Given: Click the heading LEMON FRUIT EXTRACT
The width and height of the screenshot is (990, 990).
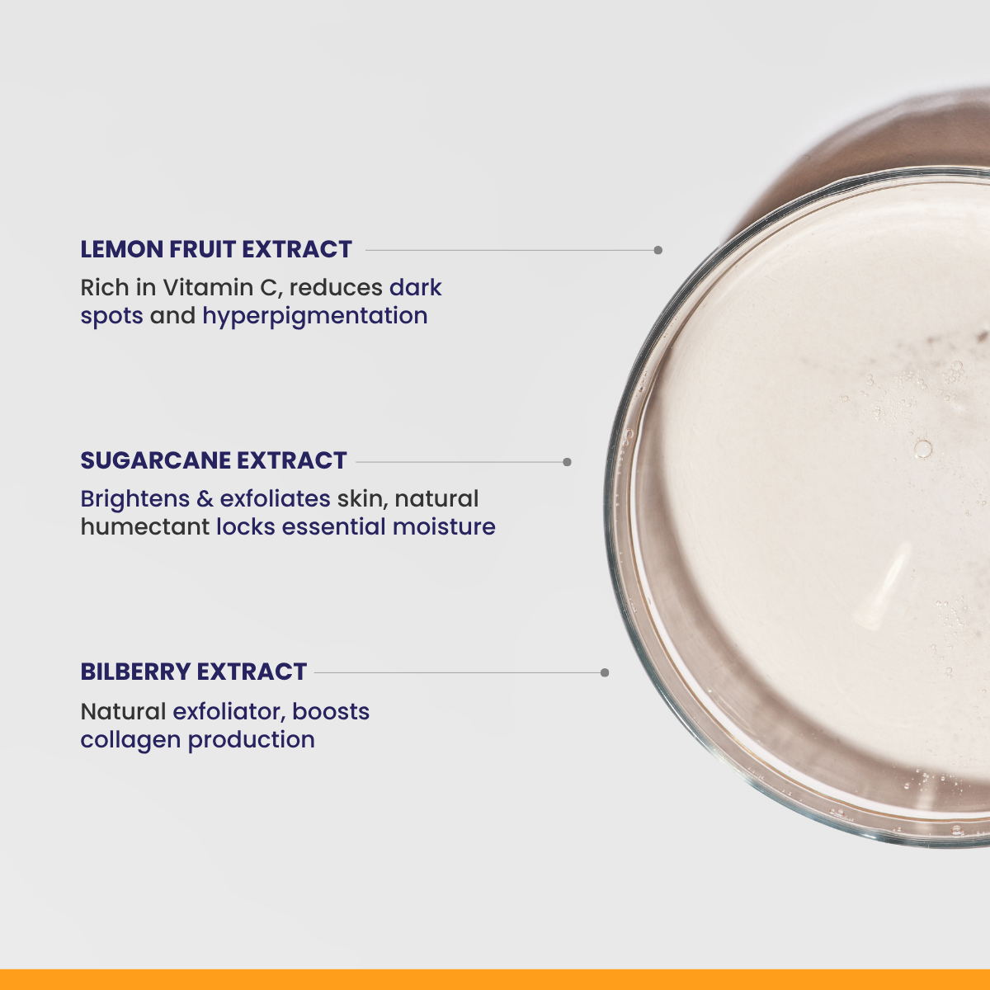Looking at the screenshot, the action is pos(216,249).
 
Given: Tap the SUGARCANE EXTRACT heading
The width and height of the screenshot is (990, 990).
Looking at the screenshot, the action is pos(214,460).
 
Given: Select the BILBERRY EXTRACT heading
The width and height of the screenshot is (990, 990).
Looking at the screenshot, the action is pos(194,672).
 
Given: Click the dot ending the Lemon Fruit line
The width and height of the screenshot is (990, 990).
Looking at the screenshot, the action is pos(658,250).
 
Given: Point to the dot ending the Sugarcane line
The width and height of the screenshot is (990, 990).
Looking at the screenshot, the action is pos(567,462).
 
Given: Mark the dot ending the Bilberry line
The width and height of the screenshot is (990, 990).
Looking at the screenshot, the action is pos(604,672).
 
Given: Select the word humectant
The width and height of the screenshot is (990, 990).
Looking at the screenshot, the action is pos(145,527).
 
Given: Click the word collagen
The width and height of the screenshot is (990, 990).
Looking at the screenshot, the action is pos(130,741).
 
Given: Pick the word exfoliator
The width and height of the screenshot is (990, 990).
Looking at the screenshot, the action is pos(229,712).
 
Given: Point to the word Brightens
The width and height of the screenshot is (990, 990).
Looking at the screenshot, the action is pos(135,499).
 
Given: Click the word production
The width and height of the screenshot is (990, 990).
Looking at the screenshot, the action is pos(252,741).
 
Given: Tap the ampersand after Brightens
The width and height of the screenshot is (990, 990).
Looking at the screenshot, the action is pos(205,499).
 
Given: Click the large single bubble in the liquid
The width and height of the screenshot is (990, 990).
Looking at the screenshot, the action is pos(922,449).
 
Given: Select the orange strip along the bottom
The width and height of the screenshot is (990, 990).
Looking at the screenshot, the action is pos(495,980).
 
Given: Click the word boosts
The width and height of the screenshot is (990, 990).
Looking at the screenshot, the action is pos(331,712).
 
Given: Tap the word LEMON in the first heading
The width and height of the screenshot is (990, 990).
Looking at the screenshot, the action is pos(122,249).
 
